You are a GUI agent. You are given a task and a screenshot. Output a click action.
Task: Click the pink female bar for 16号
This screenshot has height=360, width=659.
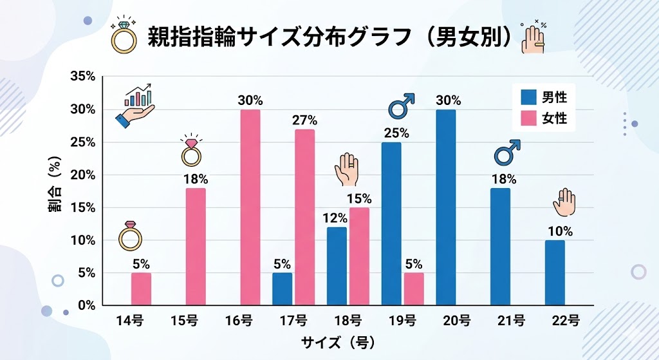pyautogui.click(x=250, y=207)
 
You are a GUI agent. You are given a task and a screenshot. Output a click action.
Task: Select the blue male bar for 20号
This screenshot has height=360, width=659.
pyautogui.click(x=446, y=207)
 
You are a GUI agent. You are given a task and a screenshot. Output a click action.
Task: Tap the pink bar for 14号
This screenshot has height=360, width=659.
pyautogui.click(x=141, y=289)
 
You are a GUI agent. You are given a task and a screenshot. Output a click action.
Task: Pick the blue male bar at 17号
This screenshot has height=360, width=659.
pyautogui.click(x=282, y=289)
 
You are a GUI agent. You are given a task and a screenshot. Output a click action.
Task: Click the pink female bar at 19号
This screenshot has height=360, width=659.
pyautogui.click(x=414, y=289)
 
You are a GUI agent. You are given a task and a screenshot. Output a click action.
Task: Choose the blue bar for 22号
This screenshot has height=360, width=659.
pyautogui.click(x=555, y=273)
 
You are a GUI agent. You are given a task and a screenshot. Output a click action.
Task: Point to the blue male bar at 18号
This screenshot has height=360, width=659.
pyautogui.click(x=337, y=266)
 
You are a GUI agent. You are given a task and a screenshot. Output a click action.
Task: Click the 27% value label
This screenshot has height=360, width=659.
pyautogui.click(x=304, y=120)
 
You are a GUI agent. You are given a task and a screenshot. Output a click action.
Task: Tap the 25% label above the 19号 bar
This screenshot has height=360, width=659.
pyautogui.click(x=391, y=133)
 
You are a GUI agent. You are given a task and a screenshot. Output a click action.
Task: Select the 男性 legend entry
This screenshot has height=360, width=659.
pyautogui.click(x=544, y=98)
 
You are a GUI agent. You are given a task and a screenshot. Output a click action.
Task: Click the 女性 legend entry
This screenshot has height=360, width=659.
pyautogui.click(x=544, y=119)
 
